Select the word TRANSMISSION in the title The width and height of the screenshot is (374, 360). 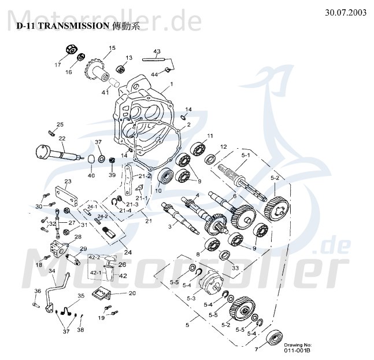coord(77,26)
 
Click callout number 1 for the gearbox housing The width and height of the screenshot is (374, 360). coord(171,85)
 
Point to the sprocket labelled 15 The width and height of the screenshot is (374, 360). coord(94,70)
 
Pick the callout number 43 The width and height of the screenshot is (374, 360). coord(155,51)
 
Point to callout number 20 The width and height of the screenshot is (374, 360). coord(132,293)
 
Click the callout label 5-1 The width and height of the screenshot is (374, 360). coord(246,156)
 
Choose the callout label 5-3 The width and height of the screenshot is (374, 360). coord(191,297)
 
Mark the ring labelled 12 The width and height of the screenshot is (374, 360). coord(212,159)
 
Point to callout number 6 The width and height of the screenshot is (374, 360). coord(234,196)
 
